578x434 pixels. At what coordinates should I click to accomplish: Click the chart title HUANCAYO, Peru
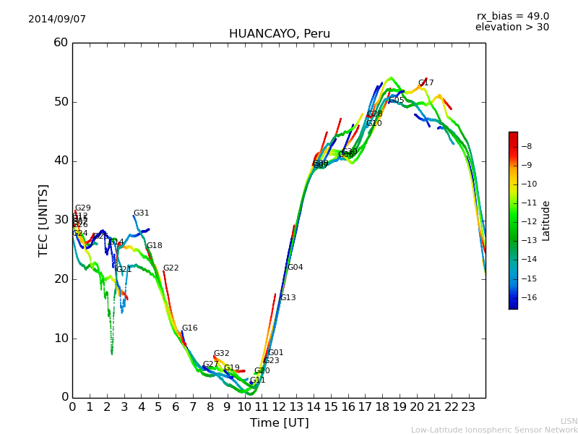279,34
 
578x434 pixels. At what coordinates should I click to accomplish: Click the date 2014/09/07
57,20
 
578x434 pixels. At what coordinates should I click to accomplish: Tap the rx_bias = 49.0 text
512,17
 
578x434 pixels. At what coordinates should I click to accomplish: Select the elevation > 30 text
512,27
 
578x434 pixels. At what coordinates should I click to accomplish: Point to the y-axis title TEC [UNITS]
44,220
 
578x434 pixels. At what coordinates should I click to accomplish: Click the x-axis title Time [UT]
279,423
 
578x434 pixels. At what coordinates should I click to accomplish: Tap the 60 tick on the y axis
60,43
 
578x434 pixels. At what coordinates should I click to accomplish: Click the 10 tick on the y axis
60,338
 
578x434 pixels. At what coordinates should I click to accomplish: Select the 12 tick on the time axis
279,407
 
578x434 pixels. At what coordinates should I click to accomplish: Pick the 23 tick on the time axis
468,407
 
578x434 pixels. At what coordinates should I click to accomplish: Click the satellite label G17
426,83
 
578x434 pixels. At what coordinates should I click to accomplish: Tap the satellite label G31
141,213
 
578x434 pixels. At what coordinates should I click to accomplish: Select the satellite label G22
171,268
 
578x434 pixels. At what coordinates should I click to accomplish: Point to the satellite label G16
189,328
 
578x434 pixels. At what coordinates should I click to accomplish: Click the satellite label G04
295,268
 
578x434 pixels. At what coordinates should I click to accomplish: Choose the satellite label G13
288,298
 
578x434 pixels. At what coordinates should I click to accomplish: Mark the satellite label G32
221,354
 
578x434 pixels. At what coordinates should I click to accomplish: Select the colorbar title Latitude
546,221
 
